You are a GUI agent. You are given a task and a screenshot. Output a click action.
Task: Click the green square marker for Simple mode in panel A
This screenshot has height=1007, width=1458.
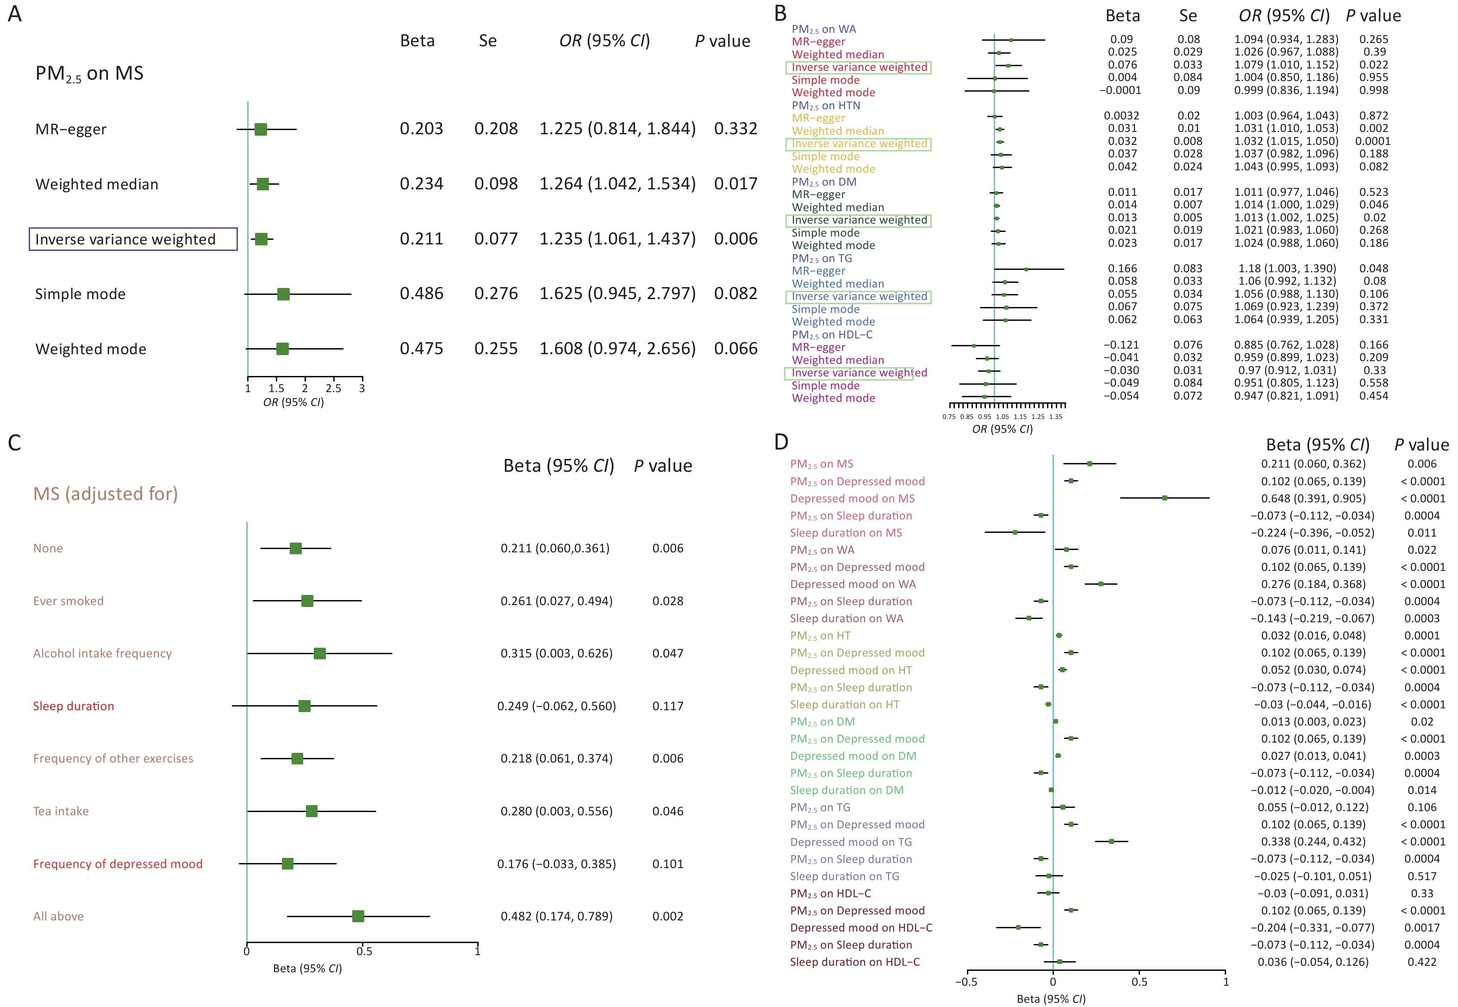point(283,294)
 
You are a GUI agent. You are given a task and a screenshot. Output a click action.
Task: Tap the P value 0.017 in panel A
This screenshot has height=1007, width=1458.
point(735,184)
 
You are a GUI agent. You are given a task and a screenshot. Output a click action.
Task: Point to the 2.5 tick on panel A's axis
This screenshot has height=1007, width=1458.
point(333,388)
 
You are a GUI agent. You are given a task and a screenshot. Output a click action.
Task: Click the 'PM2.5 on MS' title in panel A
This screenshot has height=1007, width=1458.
point(89,74)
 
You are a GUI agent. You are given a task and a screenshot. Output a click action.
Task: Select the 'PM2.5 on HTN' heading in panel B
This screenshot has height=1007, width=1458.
point(825,106)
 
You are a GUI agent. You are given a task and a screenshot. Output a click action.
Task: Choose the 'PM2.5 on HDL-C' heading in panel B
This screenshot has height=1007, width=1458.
point(832,334)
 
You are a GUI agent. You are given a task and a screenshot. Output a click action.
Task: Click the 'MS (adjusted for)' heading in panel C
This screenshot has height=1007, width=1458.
point(106,494)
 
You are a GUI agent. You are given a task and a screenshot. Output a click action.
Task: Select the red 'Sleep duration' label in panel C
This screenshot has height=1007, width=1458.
point(74,706)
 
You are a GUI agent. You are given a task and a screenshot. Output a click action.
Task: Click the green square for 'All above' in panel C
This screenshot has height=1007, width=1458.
point(358,916)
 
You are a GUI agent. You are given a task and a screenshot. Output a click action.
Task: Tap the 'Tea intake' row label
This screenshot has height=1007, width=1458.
point(61,812)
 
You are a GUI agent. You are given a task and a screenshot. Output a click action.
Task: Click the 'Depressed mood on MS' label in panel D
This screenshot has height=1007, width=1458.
point(852,499)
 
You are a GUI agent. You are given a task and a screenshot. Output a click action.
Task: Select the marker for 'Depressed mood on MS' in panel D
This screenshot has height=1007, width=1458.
point(1164,498)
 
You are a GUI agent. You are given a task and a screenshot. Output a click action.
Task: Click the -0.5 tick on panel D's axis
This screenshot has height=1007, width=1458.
point(967,981)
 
